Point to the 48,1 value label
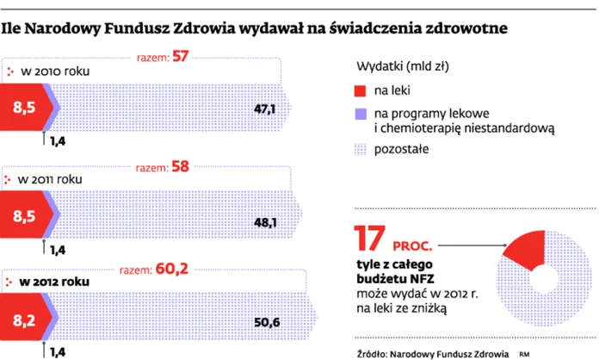264,222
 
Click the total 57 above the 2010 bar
202,58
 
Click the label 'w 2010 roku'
55,70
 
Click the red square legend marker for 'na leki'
361,90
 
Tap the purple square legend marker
361,112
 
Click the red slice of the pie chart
525,247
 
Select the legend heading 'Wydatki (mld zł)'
401,65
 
